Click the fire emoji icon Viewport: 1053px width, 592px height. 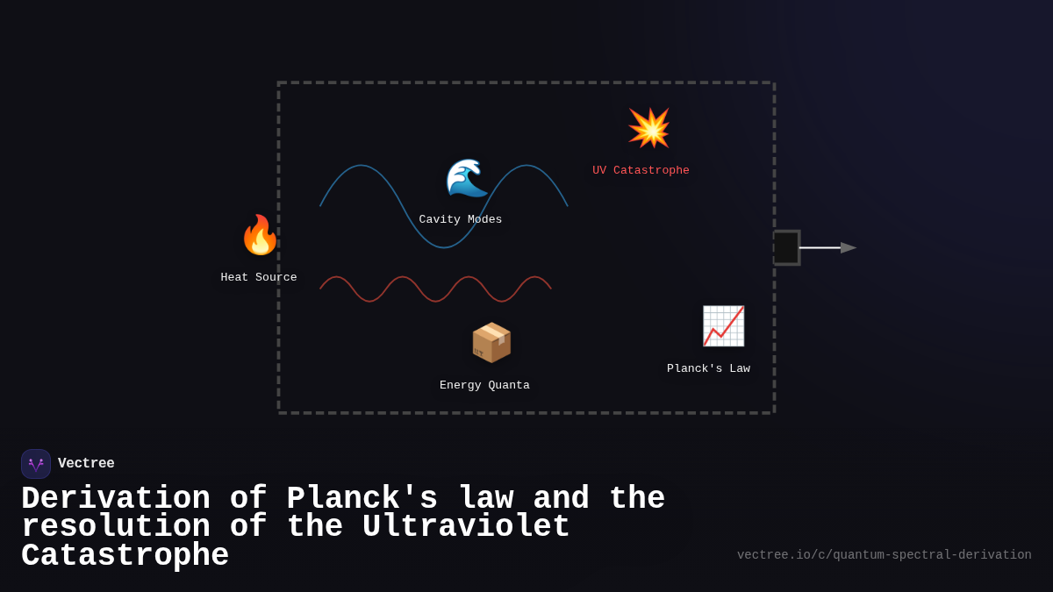click(260, 235)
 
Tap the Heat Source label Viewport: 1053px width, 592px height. click(259, 278)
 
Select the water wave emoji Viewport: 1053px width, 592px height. click(466, 178)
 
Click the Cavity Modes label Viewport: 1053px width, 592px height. click(461, 220)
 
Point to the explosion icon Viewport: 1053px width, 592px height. click(648, 128)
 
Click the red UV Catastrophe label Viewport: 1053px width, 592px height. click(641, 171)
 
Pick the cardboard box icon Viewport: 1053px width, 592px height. click(491, 342)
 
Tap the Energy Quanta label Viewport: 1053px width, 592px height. click(484, 386)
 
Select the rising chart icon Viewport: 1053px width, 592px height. click(723, 326)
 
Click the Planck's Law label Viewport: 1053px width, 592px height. click(708, 369)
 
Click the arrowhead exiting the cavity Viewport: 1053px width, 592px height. click(848, 248)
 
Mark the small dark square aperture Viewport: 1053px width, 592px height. click(786, 248)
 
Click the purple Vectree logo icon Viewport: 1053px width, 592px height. click(36, 464)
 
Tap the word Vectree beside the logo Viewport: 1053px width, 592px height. click(86, 464)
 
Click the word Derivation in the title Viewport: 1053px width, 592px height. click(116, 499)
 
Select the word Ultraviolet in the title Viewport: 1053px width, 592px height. click(466, 527)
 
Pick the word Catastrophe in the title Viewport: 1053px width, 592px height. click(125, 556)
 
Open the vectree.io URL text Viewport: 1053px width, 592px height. click(884, 555)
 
